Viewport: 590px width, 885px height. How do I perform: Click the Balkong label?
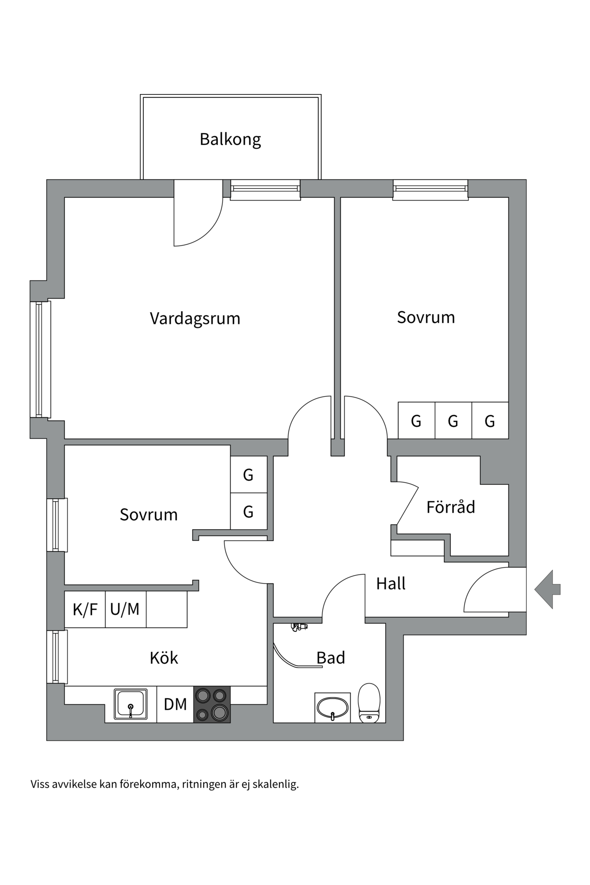pyautogui.click(x=230, y=139)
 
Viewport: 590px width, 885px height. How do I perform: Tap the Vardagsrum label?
pyautogui.click(x=195, y=319)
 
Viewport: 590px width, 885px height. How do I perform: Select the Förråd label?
pyautogui.click(x=450, y=507)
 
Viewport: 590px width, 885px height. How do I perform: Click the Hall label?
pyautogui.click(x=390, y=584)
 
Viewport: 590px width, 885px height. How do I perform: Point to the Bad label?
pyautogui.click(x=330, y=657)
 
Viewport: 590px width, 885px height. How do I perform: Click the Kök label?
pyautogui.click(x=164, y=658)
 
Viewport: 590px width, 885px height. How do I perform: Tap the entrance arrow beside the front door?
pyautogui.click(x=548, y=589)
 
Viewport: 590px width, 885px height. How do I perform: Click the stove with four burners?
pyautogui.click(x=212, y=704)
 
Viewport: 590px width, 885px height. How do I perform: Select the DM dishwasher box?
pyautogui.click(x=175, y=704)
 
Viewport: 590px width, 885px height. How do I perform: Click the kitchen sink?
pyautogui.click(x=130, y=704)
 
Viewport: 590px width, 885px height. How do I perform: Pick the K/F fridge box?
pyautogui.click(x=85, y=609)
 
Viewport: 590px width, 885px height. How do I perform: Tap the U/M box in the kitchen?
pyautogui.click(x=125, y=609)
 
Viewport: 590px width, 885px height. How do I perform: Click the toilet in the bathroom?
pyautogui.click(x=369, y=703)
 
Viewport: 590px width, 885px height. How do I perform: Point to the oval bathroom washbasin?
pyautogui.click(x=332, y=707)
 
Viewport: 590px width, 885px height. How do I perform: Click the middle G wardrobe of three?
pyautogui.click(x=453, y=420)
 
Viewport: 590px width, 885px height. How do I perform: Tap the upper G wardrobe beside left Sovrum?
pyautogui.click(x=248, y=475)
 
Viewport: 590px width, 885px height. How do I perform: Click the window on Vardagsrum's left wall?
pyautogui.click(x=40, y=360)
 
